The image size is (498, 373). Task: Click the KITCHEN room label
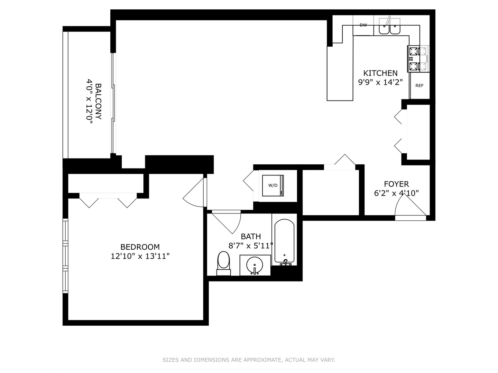pyautogui.click(x=380, y=73)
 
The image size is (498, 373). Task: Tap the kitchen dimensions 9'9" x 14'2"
pyautogui.click(x=380, y=83)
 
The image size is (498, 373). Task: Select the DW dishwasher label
pyautogui.click(x=363, y=25)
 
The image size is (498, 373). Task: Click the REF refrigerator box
pyautogui.click(x=419, y=85)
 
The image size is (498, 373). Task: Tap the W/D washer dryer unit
pyautogui.click(x=273, y=185)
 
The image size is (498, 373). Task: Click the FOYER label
pyautogui.click(x=396, y=184)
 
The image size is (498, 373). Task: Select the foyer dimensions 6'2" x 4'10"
pyautogui.click(x=396, y=193)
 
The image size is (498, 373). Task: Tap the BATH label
pyautogui.click(x=251, y=237)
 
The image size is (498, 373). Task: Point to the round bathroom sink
pyautogui.click(x=255, y=266)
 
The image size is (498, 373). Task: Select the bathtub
pyautogui.click(x=284, y=242)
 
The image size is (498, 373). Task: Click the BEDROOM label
pyautogui.click(x=140, y=247)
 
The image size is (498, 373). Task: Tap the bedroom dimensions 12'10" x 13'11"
pyautogui.click(x=140, y=256)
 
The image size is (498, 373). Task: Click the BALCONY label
pyautogui.click(x=98, y=101)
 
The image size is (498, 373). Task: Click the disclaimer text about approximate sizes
pyautogui.click(x=249, y=360)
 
